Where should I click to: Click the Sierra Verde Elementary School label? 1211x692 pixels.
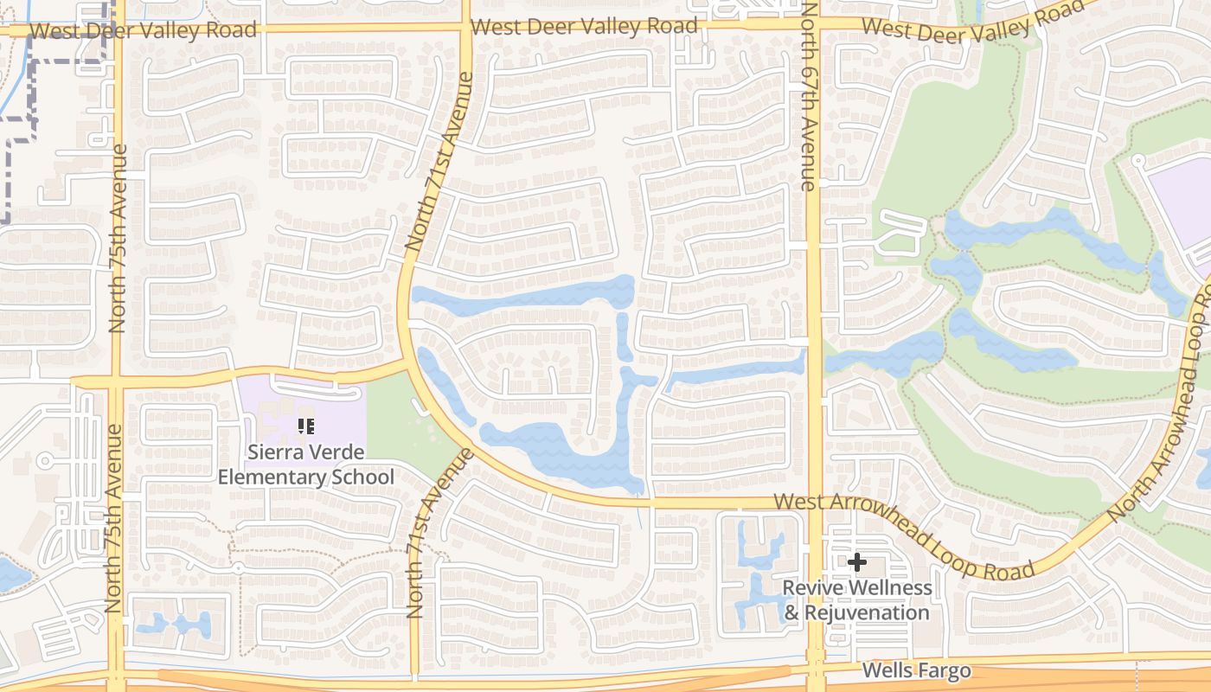coord(305,464)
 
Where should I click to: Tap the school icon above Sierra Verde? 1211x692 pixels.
coord(304,426)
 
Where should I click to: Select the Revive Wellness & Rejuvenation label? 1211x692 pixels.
coord(856,600)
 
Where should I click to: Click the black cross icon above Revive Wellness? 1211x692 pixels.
coord(856,563)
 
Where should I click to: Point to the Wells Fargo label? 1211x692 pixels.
coord(916,670)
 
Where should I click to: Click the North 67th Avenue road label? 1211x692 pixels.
coord(808,95)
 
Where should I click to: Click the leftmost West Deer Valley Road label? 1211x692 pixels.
coord(143,31)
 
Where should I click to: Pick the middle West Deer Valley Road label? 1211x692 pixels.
coord(585,26)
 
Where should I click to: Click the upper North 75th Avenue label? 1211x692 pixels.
coord(118,238)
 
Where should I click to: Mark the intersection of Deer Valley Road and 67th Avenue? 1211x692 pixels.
coord(812,26)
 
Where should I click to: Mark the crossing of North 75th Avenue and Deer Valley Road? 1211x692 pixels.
coord(117,30)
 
